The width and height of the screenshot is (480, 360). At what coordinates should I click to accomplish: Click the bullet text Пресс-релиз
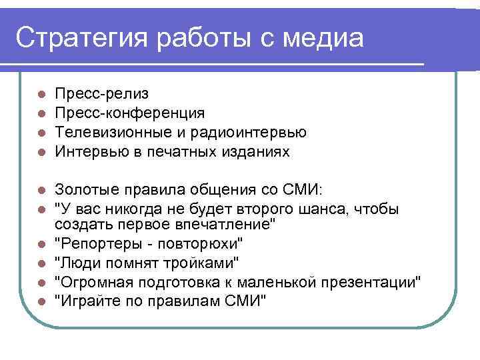(x=102, y=94)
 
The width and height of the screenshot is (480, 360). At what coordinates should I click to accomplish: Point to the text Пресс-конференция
(x=130, y=113)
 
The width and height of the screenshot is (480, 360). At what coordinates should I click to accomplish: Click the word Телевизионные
(x=111, y=133)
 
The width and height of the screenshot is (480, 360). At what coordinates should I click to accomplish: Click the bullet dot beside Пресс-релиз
(x=41, y=95)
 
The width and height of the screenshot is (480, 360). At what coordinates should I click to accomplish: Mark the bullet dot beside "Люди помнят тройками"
(x=41, y=263)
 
